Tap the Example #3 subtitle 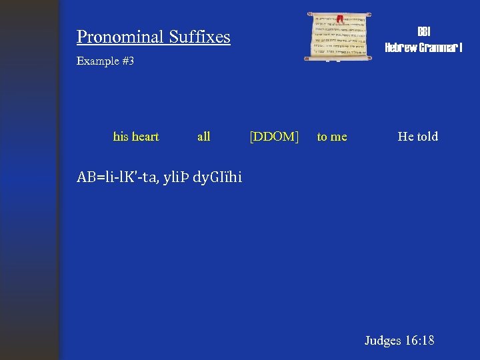105,61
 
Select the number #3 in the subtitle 128,61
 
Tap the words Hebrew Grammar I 423,47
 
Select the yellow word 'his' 121,137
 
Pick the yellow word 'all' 204,137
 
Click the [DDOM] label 274,137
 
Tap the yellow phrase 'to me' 332,137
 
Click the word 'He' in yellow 405,137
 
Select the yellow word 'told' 427,137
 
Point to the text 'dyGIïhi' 217,177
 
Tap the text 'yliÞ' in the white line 176,177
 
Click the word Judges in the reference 382,341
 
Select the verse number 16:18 419,341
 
